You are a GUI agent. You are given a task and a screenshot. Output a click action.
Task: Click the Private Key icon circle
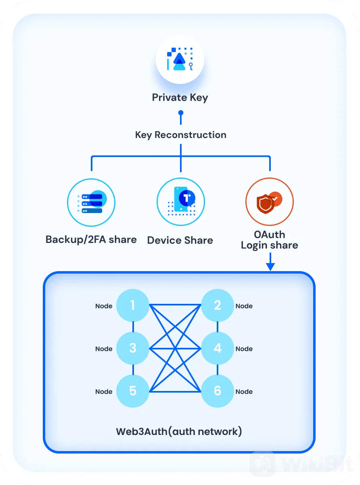180,59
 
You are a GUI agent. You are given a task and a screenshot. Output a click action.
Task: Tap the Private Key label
180,98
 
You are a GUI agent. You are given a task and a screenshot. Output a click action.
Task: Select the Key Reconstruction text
181,135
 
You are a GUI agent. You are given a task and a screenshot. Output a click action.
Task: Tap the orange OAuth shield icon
270,202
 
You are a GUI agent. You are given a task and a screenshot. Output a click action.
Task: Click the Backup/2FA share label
91,240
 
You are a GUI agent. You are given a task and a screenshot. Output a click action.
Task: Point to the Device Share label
180,240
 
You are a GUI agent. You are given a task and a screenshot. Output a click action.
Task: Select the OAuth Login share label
270,240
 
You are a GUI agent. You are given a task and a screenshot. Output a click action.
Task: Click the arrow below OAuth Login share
270,261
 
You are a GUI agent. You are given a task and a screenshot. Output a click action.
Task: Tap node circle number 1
133,305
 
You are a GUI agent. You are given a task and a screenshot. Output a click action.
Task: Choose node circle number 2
218,305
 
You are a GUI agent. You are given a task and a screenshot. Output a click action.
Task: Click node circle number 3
133,348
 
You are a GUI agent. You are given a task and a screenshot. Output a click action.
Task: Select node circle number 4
218,348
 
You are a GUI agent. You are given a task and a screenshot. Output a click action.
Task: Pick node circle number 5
133,391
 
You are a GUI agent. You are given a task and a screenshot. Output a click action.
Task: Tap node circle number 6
218,391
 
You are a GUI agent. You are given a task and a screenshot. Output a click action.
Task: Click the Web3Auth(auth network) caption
179,432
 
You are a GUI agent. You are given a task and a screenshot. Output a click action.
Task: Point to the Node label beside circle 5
104,392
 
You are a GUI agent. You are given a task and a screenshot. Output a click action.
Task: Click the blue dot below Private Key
181,113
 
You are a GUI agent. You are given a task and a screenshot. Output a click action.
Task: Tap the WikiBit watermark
302,463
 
